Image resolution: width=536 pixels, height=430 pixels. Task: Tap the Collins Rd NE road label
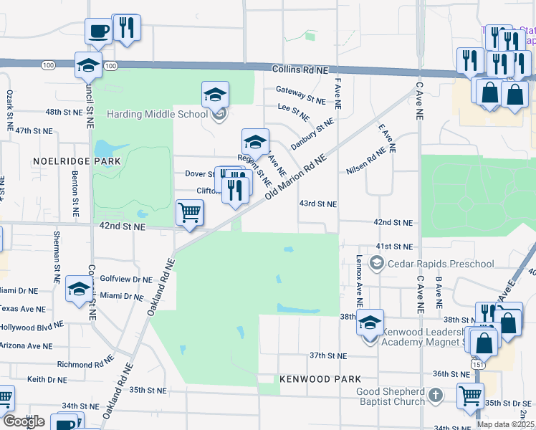[299, 70]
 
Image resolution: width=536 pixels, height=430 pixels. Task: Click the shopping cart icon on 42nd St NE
[189, 212]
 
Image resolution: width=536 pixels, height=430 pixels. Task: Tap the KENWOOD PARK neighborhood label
[319, 378]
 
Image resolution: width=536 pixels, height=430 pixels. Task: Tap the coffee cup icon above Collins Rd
[98, 32]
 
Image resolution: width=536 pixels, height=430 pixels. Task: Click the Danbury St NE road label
[312, 134]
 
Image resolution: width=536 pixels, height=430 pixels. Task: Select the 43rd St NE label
[317, 204]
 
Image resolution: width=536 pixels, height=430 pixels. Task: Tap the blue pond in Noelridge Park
[104, 148]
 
